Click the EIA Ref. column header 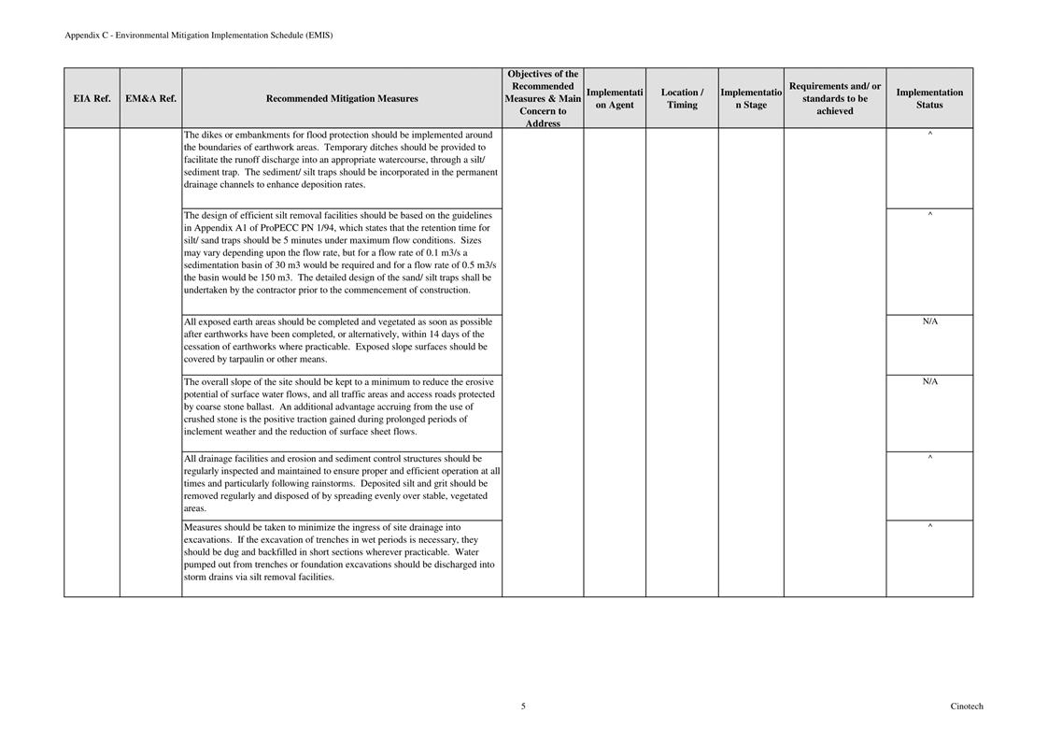pyautogui.click(x=92, y=98)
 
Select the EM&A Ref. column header pyautogui.click(x=150, y=98)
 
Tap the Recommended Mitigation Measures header pyautogui.click(x=342, y=98)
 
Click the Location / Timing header pyautogui.click(x=682, y=98)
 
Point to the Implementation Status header pyautogui.click(x=929, y=98)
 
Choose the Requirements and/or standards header pyautogui.click(x=835, y=98)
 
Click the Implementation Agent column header pyautogui.click(x=615, y=98)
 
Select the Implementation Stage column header pyautogui.click(x=751, y=98)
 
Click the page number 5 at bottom pyautogui.click(x=523, y=706)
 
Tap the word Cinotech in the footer pyautogui.click(x=967, y=706)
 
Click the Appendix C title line pyautogui.click(x=198, y=36)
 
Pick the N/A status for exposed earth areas pyautogui.click(x=929, y=321)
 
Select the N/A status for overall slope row pyautogui.click(x=929, y=381)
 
